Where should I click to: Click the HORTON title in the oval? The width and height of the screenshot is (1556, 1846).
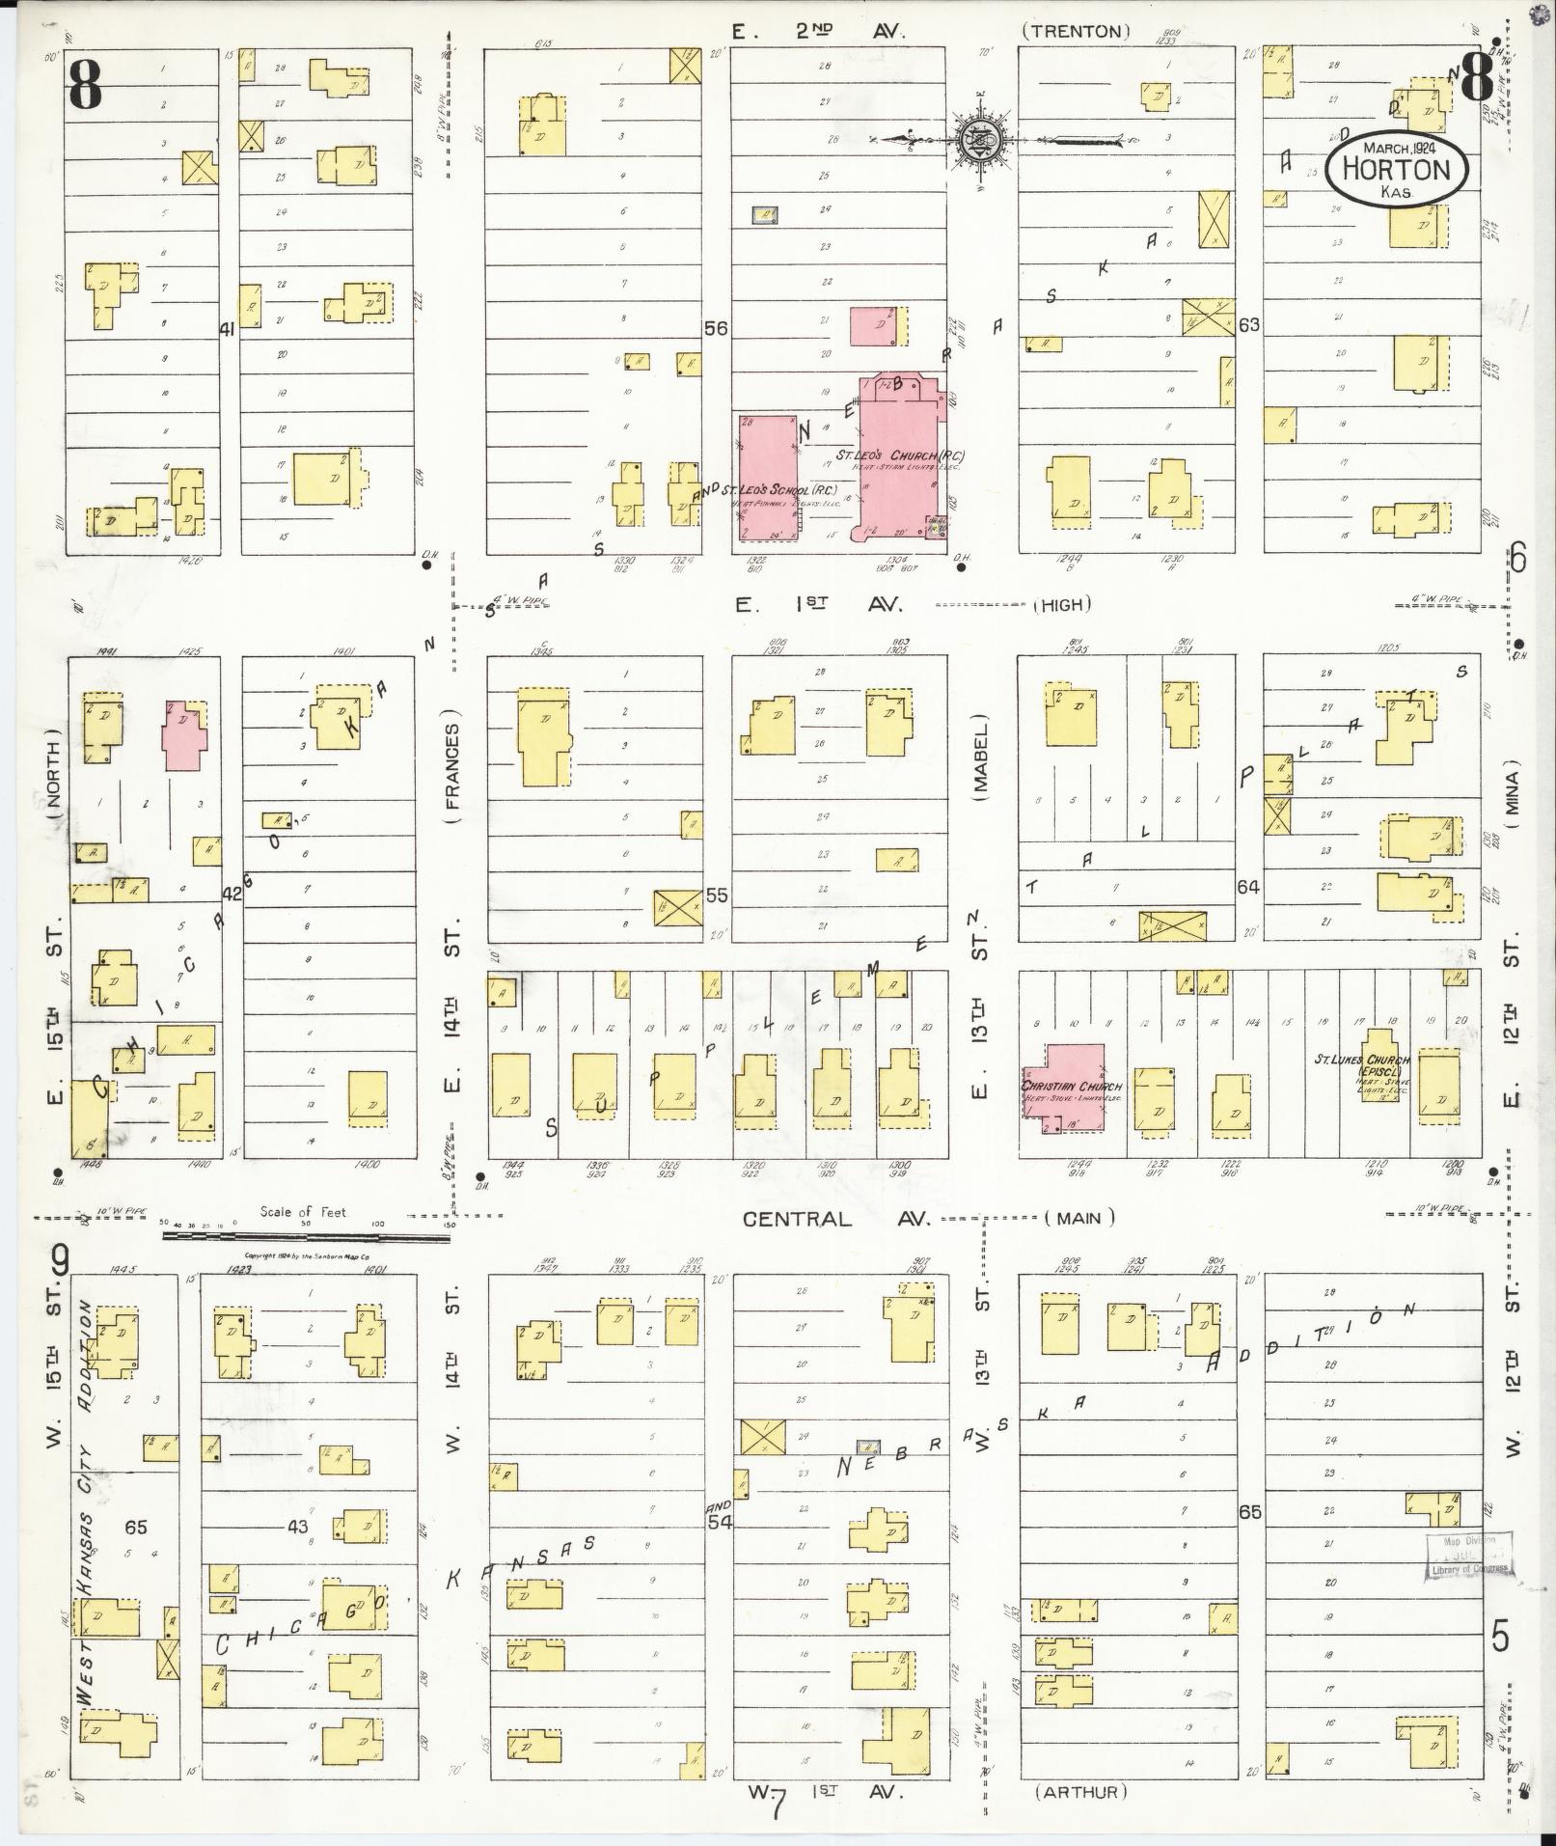tap(1396, 170)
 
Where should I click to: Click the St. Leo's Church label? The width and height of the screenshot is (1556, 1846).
tap(900, 455)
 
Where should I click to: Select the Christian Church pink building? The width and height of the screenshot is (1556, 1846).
tap(1064, 1087)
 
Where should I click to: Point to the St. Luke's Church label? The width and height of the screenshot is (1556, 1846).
tap(1362, 1060)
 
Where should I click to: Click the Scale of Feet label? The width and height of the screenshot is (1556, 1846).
tap(302, 1212)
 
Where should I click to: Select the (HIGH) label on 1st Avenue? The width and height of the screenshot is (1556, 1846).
tap(1062, 605)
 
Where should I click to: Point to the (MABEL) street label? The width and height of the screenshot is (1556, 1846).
tap(981, 758)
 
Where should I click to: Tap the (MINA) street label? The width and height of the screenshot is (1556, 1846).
tap(1510, 801)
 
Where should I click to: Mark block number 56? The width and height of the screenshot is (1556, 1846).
tap(715, 328)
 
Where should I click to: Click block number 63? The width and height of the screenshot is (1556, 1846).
tap(1248, 325)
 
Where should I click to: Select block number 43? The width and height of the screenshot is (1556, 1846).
tap(297, 1526)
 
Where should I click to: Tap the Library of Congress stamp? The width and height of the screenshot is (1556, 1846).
tap(1468, 1554)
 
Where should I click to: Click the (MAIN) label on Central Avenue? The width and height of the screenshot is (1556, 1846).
tap(1078, 1218)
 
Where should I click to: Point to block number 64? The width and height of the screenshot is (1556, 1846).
tap(1248, 886)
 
